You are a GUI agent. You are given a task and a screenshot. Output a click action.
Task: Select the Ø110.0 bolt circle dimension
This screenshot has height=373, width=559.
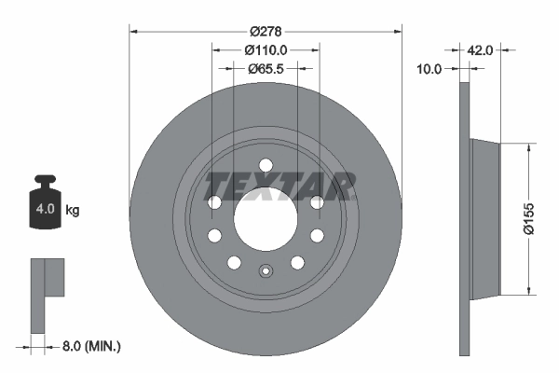coord(266,51)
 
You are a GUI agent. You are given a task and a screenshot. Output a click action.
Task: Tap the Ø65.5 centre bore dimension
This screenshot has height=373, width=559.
coord(266,69)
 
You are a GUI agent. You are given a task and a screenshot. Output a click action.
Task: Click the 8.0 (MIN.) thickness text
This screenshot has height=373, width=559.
coord(89,347)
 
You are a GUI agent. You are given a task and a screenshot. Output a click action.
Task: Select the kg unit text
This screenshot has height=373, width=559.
coord(72,211)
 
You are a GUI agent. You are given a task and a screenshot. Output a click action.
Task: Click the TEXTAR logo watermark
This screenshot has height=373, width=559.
coord(279,186)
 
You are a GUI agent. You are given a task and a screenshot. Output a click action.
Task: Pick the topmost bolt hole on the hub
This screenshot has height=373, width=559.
coord(266,166)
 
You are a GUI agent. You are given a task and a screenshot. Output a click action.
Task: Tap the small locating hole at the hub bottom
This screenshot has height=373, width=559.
coord(266,272)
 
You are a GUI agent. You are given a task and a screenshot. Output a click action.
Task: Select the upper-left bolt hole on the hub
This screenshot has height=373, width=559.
coord(214,202)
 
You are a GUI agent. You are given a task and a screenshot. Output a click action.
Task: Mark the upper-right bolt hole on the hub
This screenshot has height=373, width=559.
coord(317,202)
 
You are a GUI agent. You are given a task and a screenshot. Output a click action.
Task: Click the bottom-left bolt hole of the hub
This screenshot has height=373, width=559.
coord(234,262)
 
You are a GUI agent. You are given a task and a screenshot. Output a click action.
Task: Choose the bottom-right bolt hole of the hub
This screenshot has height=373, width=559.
coord(297,262)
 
